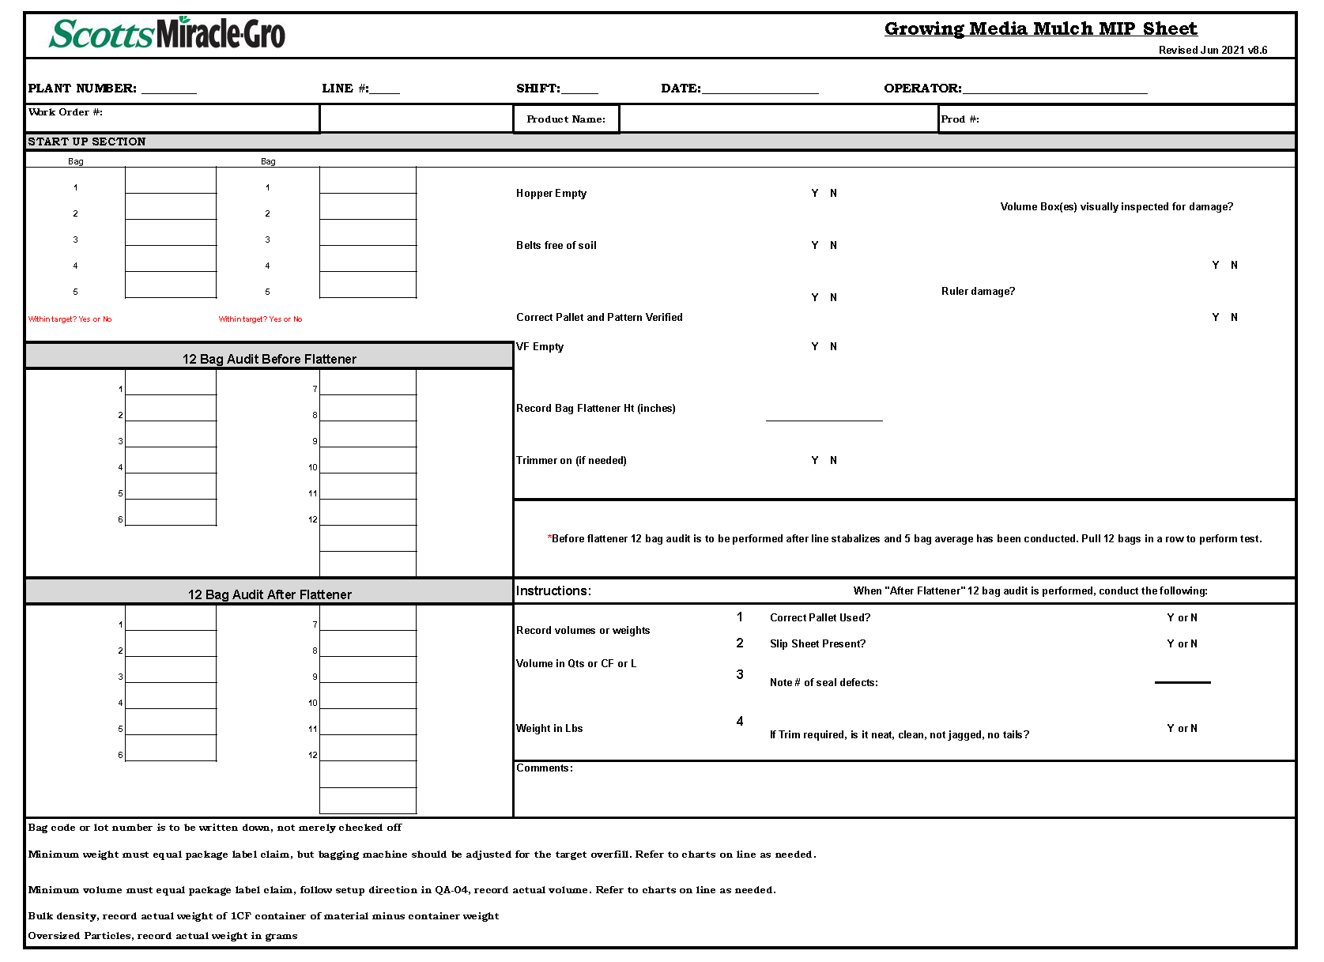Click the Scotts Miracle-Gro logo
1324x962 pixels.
(167, 34)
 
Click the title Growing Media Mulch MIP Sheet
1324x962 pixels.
(1040, 29)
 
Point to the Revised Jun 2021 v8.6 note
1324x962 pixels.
(1213, 51)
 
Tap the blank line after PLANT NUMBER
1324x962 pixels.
(168, 89)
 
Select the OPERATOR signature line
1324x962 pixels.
(1054, 89)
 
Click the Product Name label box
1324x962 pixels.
(566, 119)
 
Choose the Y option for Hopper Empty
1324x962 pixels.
(815, 194)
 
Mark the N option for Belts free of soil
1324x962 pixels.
(833, 246)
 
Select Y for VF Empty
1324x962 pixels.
(815, 347)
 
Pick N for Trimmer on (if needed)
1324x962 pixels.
(833, 461)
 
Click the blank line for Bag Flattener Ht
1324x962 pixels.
(824, 416)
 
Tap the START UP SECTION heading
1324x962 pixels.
(87, 142)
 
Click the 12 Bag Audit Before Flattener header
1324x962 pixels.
(269, 359)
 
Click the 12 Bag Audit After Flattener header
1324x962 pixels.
(269, 594)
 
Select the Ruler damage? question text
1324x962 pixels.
(978, 292)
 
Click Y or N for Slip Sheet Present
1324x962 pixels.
(1182, 644)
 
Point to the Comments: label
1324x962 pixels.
(545, 768)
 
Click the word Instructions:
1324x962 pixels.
(553, 591)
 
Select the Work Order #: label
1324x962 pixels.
(66, 112)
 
